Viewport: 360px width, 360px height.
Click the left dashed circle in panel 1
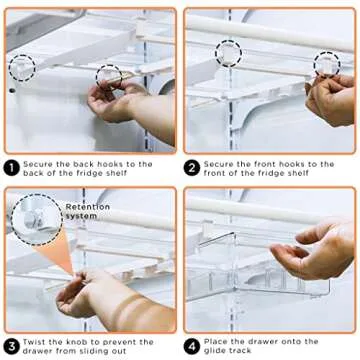(21, 68)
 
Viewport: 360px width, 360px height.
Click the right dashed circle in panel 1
(109, 76)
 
